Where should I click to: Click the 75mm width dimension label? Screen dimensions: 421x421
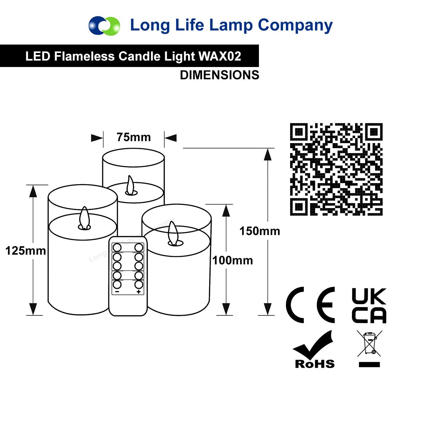(134, 137)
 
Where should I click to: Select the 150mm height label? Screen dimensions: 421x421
(260, 231)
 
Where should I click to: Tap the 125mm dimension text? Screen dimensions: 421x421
(26, 251)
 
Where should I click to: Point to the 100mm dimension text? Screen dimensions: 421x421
(233, 260)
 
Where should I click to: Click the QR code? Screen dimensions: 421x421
(336, 169)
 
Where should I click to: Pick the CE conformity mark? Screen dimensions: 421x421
(310, 305)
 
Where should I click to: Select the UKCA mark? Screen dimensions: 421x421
(369, 306)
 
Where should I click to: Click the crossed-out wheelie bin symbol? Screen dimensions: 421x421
(369, 346)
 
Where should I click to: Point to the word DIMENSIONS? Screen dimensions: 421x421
(220, 75)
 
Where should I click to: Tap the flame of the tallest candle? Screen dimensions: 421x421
(131, 185)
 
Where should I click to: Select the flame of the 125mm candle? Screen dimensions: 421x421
(85, 218)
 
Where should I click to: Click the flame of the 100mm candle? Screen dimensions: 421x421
(172, 233)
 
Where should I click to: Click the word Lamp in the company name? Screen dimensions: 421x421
(231, 25)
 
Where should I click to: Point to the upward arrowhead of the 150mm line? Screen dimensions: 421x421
(268, 154)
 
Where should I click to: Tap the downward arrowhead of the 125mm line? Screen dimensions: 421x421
(33, 309)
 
